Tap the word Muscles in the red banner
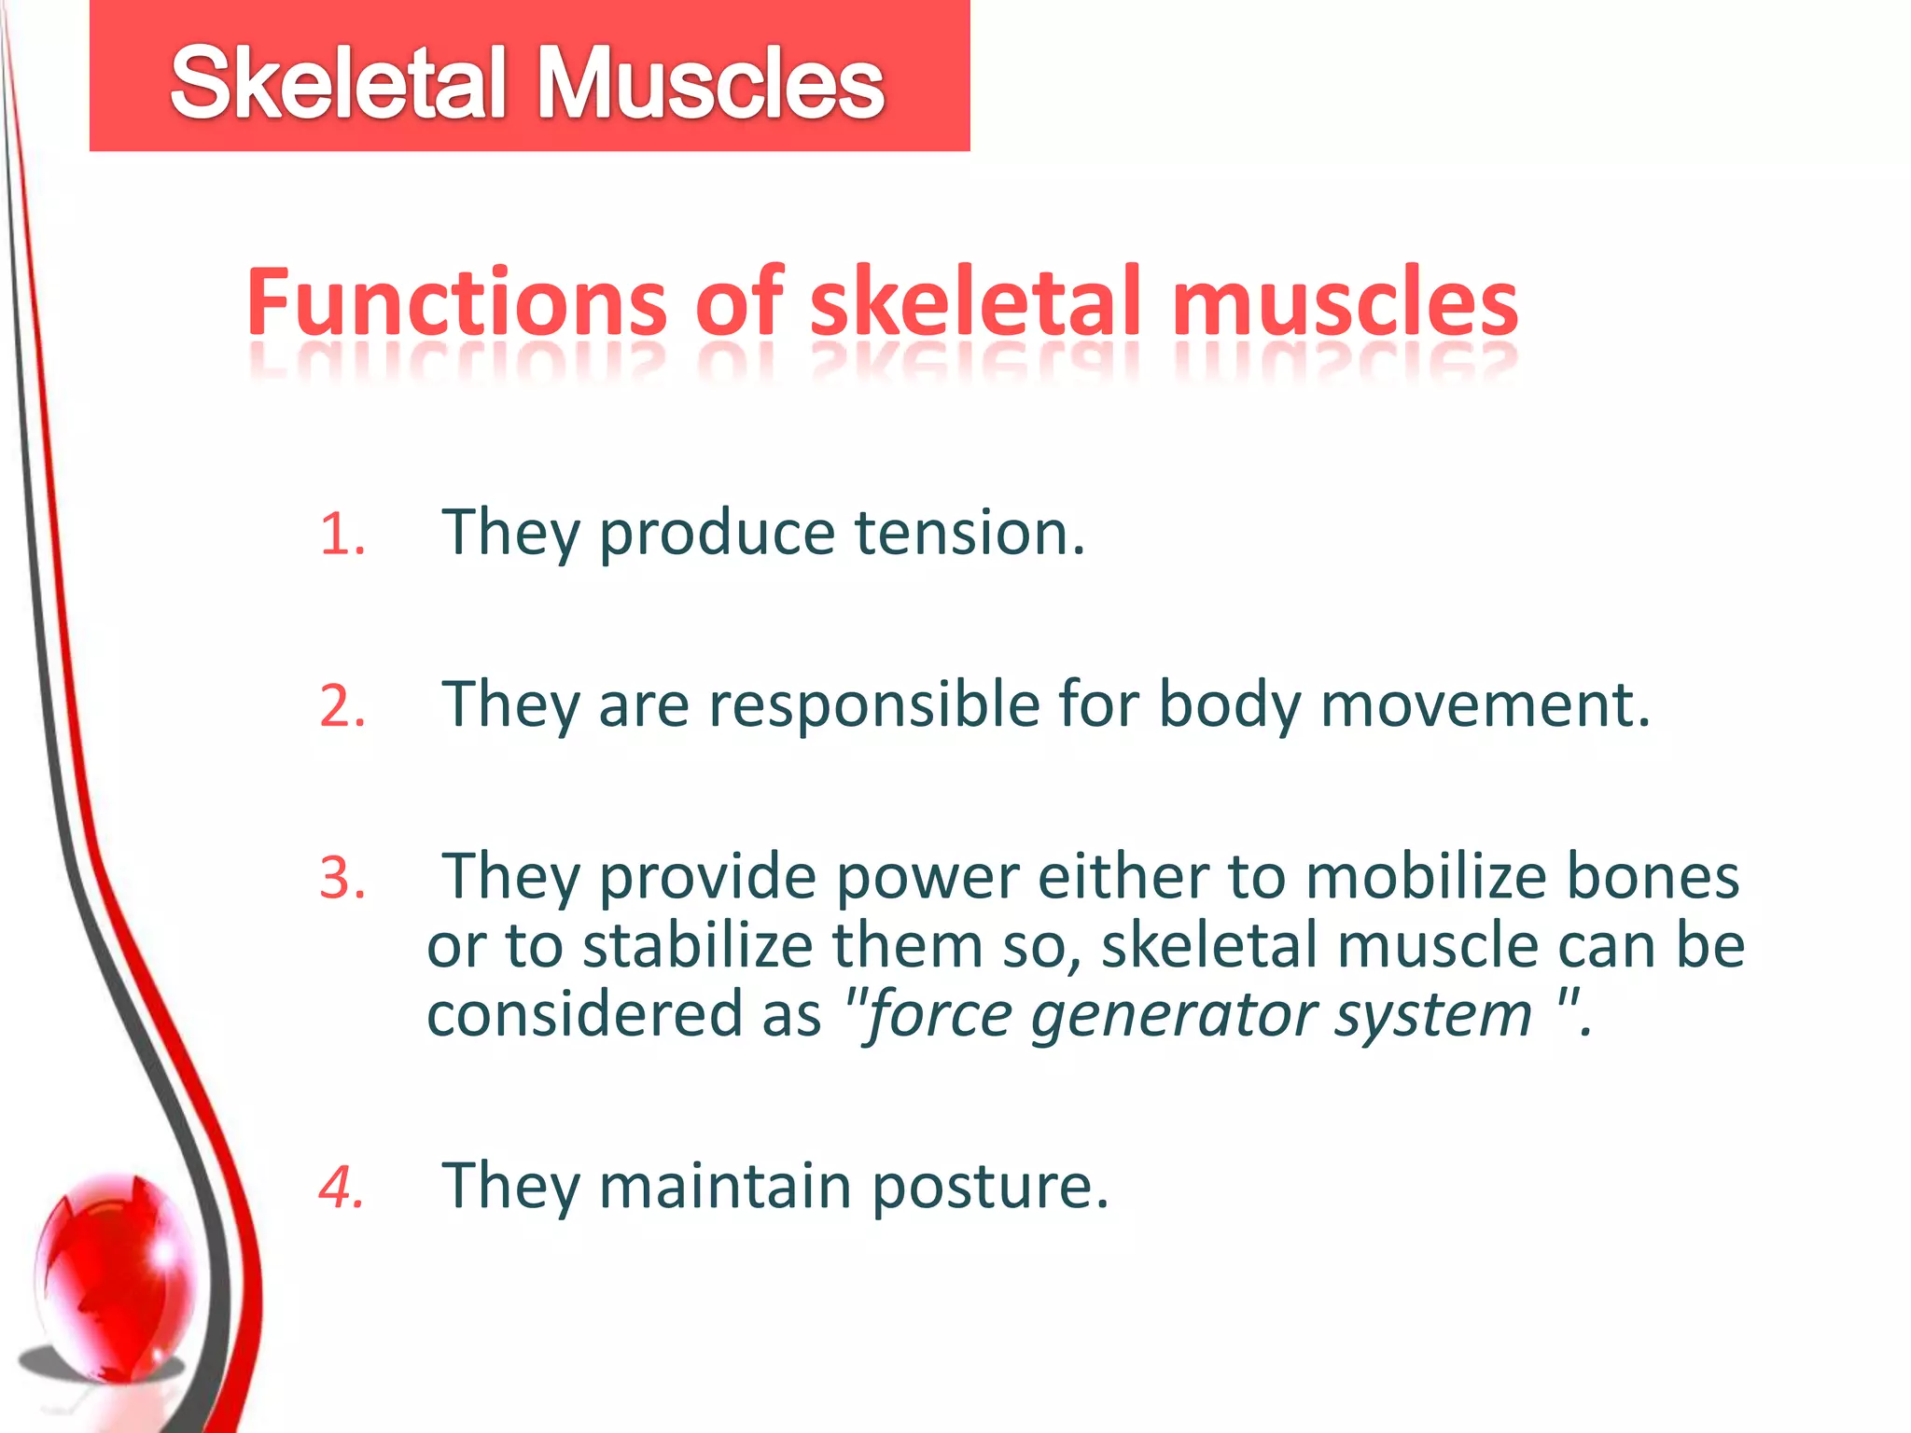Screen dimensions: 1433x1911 tap(709, 84)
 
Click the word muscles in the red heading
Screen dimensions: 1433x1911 tap(1345, 303)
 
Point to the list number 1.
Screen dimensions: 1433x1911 tap(342, 536)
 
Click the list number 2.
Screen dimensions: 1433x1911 tap(342, 706)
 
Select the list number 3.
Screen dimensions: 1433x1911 tap(342, 879)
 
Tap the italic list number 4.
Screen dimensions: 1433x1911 tap(342, 1188)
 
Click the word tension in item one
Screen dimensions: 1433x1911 tap(969, 533)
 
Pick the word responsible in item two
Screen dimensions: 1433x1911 tap(873, 704)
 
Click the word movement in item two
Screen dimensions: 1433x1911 tap(1485, 704)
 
